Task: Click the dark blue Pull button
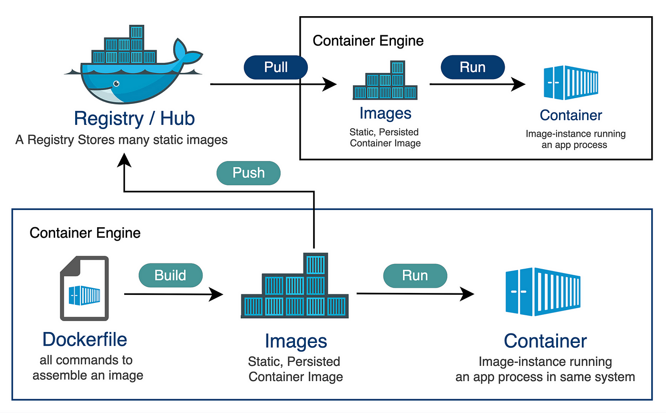(276, 68)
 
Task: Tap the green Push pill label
(248, 173)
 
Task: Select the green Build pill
(170, 275)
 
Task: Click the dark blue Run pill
(472, 67)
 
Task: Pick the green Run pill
(415, 276)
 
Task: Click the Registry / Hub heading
(134, 118)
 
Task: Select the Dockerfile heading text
(85, 340)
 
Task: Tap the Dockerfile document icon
(84, 288)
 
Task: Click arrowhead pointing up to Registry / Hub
(125, 161)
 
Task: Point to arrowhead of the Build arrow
(218, 294)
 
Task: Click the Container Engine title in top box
(368, 41)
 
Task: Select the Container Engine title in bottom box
(85, 233)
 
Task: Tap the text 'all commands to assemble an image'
(88, 368)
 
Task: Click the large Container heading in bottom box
(545, 341)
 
